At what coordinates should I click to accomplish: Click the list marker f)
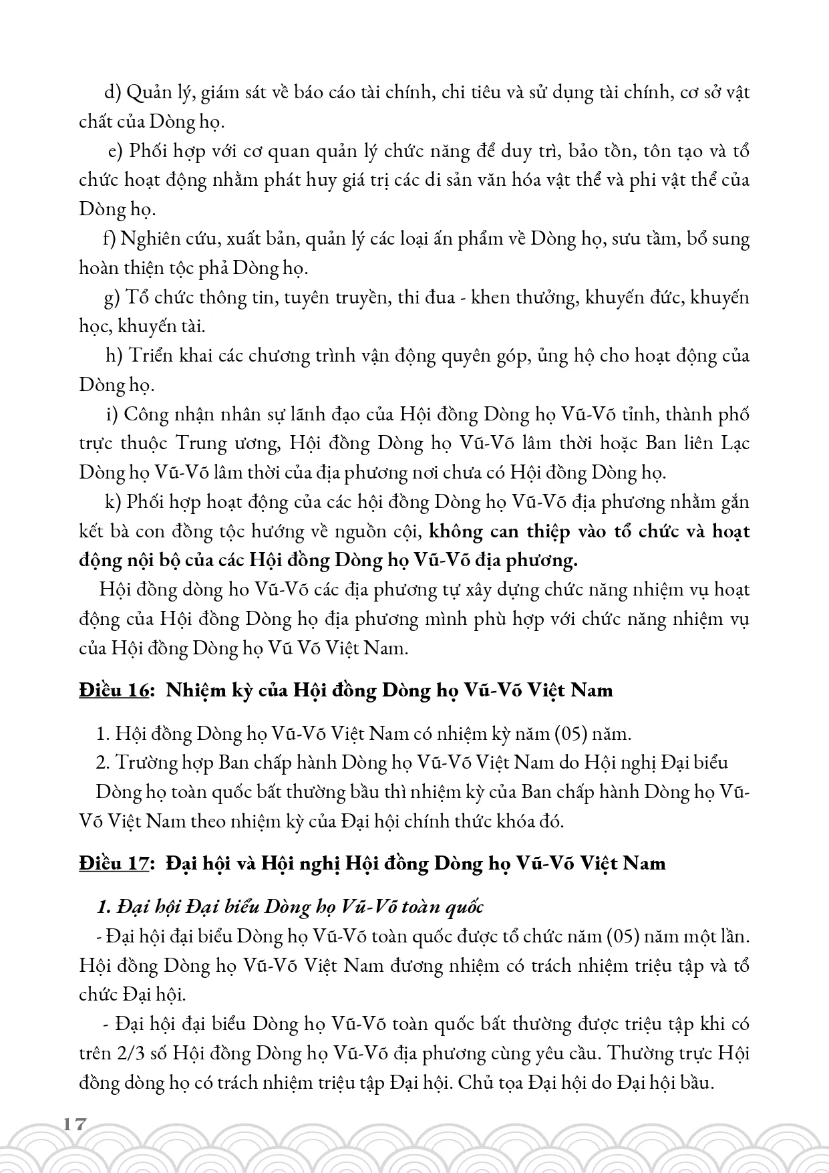coord(109,239)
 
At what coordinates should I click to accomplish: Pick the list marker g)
coord(112,297)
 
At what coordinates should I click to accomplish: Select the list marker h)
coord(114,355)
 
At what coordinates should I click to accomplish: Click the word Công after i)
coord(156,414)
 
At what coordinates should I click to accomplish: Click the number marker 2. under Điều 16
coord(102,763)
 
